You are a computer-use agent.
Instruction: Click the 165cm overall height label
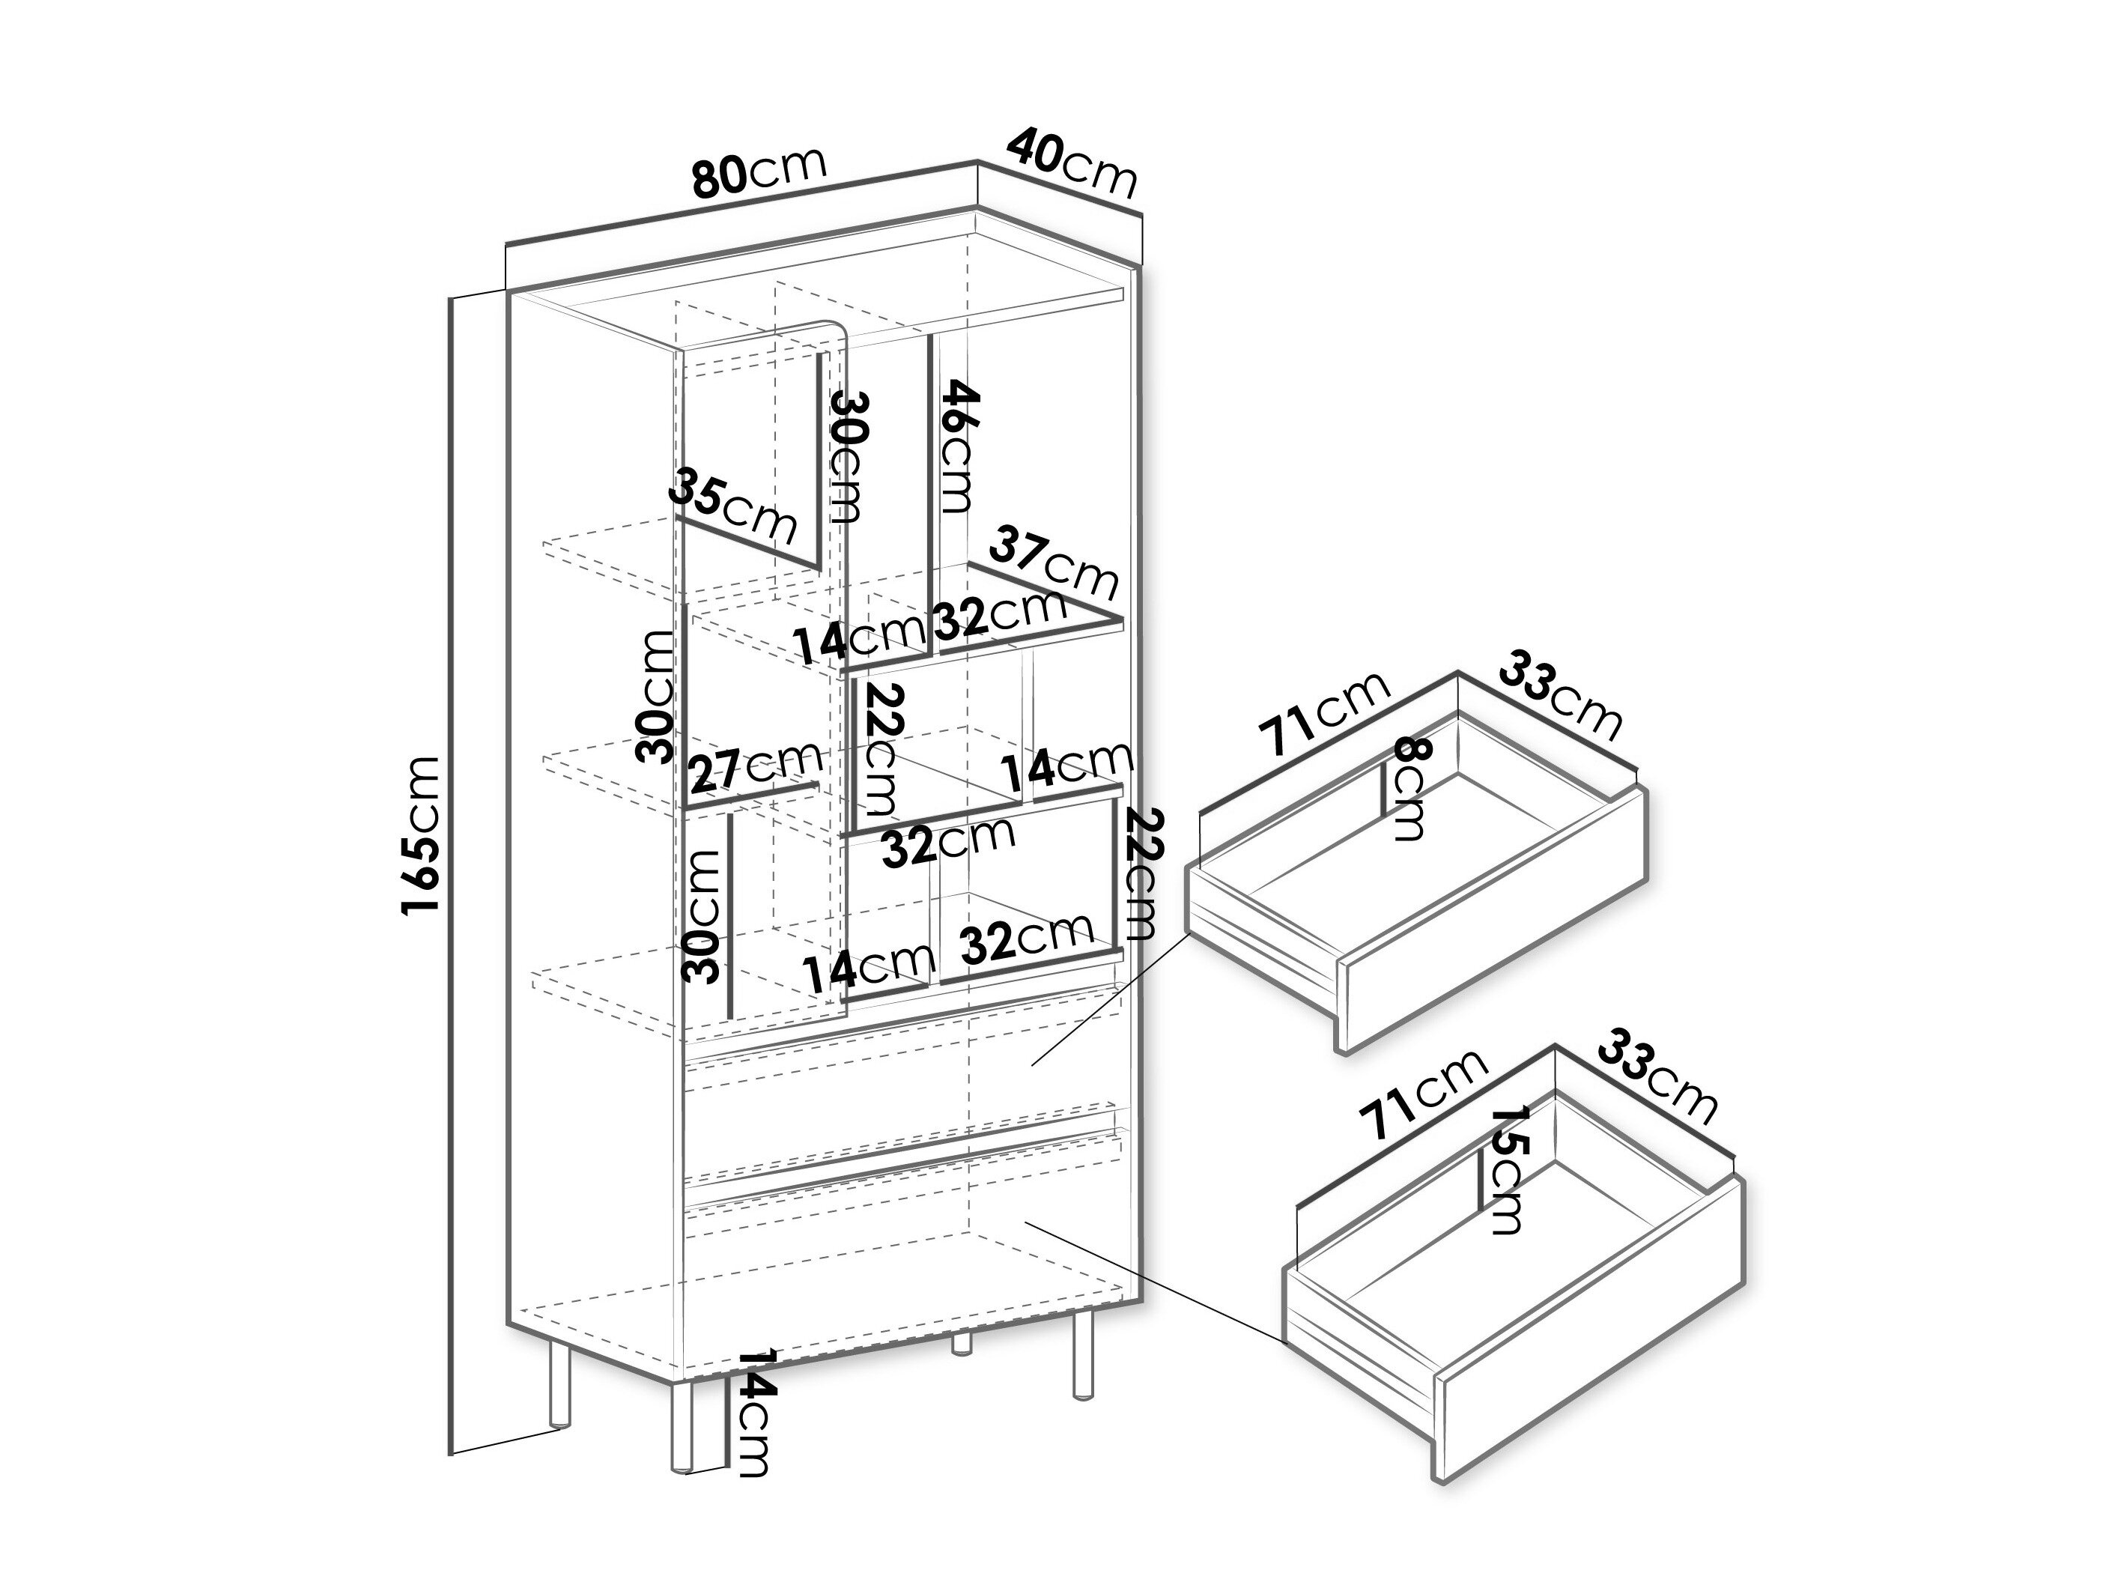coord(422,836)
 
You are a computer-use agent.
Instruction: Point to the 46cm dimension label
coord(957,446)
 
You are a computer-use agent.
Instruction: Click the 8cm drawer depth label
coord(1406,789)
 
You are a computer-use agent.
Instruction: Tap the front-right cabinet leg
coord(1081,1355)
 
